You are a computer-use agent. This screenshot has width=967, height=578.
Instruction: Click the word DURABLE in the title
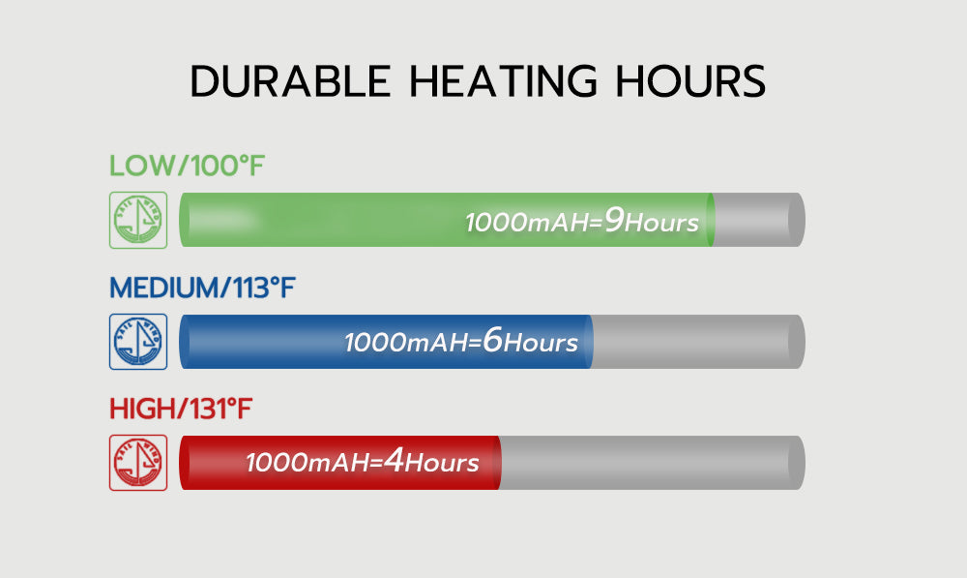tap(290, 81)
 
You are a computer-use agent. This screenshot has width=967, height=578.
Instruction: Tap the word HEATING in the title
tap(504, 81)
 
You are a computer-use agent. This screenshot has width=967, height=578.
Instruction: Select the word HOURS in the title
tap(690, 81)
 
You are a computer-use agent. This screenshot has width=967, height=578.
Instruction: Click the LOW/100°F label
tap(187, 167)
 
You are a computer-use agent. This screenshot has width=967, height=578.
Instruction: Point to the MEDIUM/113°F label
tap(202, 288)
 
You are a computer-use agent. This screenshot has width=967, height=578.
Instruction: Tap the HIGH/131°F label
tap(181, 409)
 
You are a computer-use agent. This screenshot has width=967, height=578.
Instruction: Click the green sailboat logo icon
tap(138, 221)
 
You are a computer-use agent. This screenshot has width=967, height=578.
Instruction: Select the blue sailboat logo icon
tap(138, 342)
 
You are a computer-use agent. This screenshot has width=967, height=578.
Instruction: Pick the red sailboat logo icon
tap(138, 463)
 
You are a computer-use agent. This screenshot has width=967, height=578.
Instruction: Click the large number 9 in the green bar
tap(614, 220)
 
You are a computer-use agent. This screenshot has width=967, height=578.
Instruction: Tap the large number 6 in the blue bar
tap(493, 340)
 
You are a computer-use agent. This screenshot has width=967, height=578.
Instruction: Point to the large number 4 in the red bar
tap(394, 460)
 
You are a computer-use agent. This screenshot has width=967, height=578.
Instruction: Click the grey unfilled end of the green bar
tap(759, 220)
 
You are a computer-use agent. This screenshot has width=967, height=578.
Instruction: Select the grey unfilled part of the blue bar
tap(698, 342)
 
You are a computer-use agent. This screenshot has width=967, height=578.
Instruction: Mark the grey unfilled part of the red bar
tap(652, 463)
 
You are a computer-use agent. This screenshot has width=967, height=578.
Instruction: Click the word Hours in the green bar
tap(661, 223)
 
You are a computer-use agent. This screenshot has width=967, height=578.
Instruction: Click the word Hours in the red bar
tap(442, 463)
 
